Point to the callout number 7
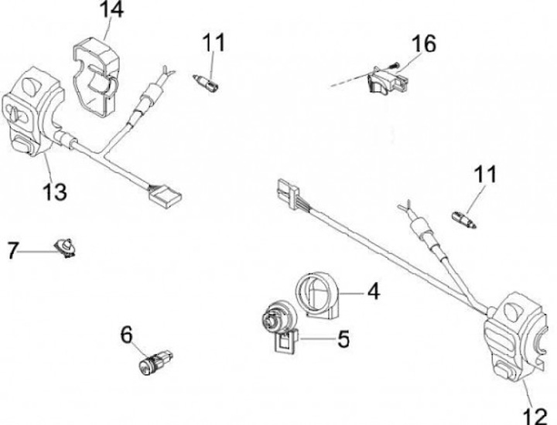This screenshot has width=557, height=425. pyautogui.click(x=12, y=251)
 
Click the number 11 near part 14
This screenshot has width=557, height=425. pyautogui.click(x=214, y=42)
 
